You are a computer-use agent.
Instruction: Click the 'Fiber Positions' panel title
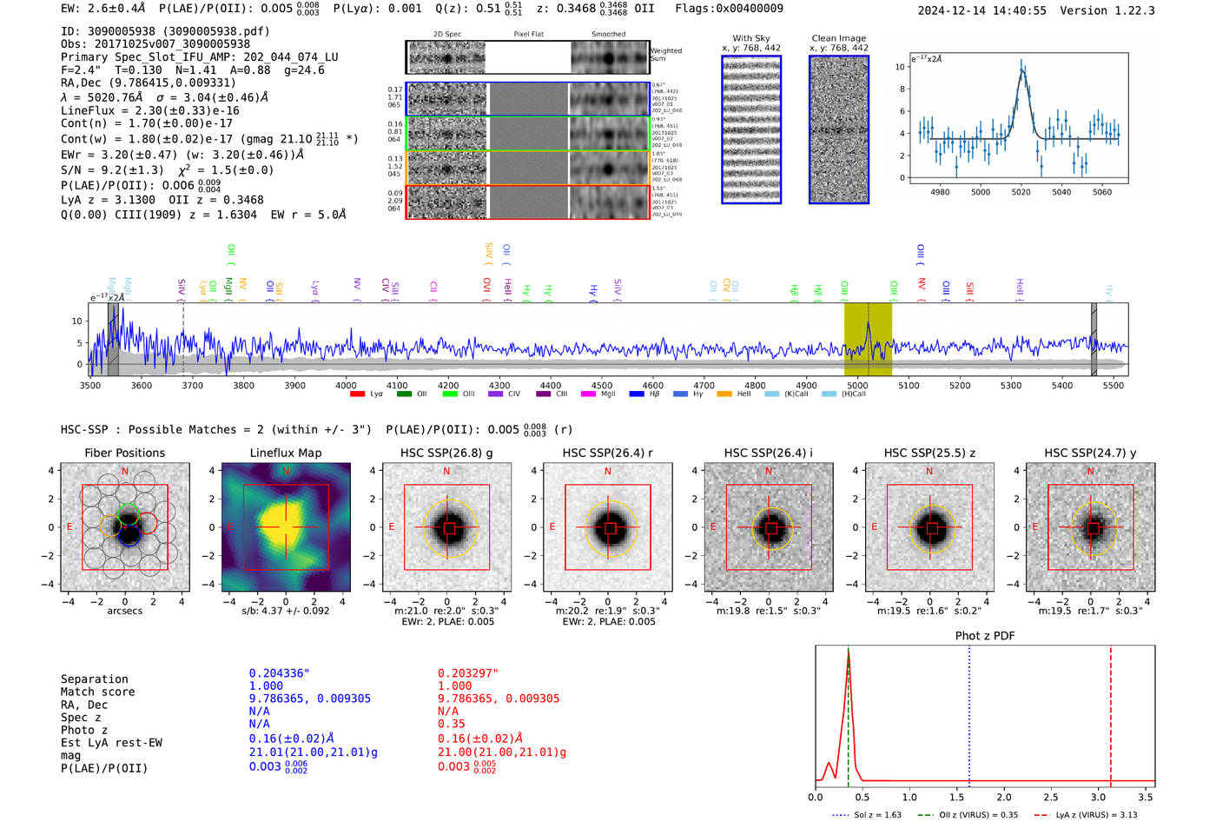tap(124, 453)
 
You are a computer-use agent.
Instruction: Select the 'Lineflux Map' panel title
tap(285, 453)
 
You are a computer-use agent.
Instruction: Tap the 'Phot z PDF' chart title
tap(984, 635)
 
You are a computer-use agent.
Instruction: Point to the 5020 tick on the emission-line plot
tap(1021, 192)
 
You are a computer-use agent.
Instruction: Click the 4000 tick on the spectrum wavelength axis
tap(346, 385)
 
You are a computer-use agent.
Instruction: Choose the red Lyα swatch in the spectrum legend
tap(357, 394)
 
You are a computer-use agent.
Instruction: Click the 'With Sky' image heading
tap(750, 38)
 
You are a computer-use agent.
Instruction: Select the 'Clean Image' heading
tap(838, 38)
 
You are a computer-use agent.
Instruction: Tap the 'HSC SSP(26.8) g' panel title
tap(446, 453)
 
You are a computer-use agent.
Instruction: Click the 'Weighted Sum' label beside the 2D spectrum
tap(665, 54)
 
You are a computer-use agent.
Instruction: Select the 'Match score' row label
tap(97, 692)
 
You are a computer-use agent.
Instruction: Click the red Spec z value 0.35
tap(451, 724)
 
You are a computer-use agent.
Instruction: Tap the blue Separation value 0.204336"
tap(279, 673)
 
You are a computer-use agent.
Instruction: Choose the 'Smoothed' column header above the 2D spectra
tap(608, 35)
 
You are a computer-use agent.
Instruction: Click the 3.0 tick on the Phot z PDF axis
tap(1099, 797)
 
